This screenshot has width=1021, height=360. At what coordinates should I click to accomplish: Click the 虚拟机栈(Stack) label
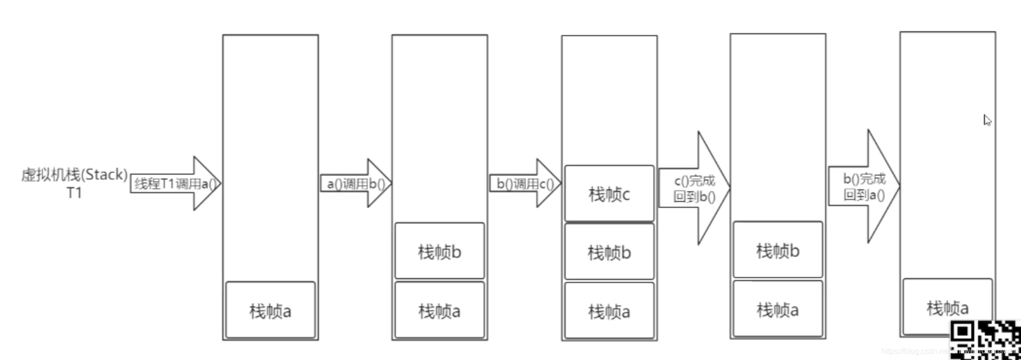point(74,175)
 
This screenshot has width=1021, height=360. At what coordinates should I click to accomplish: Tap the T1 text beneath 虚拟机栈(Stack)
point(74,193)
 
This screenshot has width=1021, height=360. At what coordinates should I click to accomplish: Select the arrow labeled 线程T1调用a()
point(175,184)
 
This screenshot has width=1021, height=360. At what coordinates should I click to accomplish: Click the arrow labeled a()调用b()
point(355,184)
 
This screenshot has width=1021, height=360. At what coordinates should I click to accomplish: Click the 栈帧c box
point(609,194)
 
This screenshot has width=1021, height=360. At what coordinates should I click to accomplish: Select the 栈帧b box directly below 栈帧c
point(609,252)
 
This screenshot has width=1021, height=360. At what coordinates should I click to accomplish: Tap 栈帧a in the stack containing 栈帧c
point(609,311)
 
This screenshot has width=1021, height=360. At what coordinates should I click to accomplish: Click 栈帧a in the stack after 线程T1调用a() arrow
point(270,310)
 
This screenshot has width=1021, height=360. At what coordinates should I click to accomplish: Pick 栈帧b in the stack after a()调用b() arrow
point(439,251)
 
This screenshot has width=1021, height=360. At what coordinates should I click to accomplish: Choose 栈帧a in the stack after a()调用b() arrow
point(439,310)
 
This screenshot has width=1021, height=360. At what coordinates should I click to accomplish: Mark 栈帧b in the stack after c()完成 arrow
point(778,250)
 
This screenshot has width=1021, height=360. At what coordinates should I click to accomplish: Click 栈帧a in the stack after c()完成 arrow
point(778,309)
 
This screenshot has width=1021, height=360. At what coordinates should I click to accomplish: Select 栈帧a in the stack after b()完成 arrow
point(947,307)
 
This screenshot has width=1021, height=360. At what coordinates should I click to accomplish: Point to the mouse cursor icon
point(987,120)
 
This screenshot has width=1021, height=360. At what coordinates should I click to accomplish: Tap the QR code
point(985,340)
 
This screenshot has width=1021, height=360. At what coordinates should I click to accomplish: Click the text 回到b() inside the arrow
point(694,197)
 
